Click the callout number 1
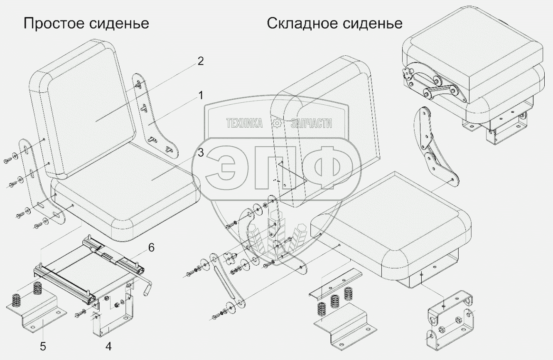(200, 96)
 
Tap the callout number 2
(200, 62)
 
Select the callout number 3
(200, 153)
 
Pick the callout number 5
(43, 345)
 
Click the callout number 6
(150, 248)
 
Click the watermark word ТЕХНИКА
(244, 123)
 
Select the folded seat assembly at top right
(474, 79)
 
